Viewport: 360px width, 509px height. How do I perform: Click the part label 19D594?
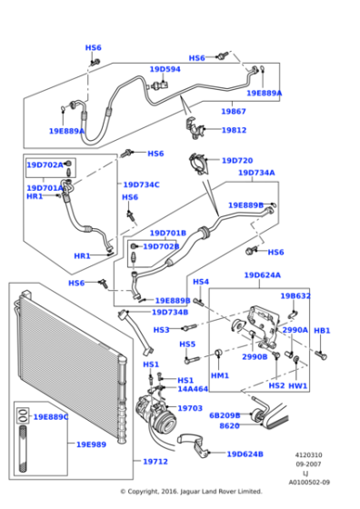[165, 69]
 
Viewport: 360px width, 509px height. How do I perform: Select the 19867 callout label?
[234, 111]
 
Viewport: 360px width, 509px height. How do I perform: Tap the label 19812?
[234, 130]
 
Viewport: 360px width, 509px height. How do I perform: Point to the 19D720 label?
[237, 161]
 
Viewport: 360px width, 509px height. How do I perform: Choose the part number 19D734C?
[141, 185]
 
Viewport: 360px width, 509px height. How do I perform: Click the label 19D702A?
[45, 165]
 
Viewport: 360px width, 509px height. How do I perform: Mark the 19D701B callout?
[167, 233]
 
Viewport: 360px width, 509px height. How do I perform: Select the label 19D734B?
[170, 312]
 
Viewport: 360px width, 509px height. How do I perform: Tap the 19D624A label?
[262, 274]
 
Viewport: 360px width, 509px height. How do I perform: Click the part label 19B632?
[295, 295]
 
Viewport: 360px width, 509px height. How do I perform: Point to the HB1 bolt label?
[322, 331]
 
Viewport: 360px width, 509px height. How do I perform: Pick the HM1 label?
[220, 375]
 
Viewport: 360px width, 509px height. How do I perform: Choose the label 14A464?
[192, 389]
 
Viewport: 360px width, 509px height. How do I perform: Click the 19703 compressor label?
[190, 408]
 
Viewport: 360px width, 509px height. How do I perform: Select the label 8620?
[229, 425]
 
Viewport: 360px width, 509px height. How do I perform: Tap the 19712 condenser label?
[155, 462]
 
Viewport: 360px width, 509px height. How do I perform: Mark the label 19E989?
[91, 444]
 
